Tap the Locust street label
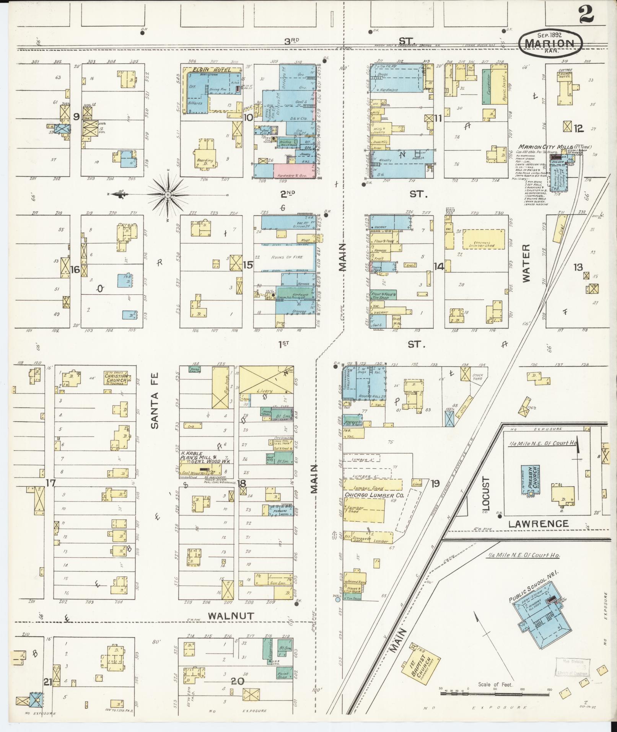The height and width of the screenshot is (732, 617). [485, 493]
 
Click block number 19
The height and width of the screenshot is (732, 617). [435, 483]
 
